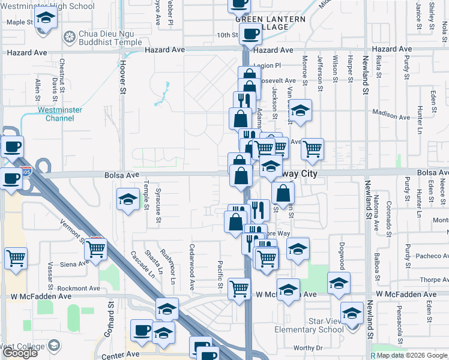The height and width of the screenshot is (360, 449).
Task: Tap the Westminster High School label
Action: [x=47, y=7]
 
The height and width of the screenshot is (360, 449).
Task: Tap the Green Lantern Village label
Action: [x=270, y=23]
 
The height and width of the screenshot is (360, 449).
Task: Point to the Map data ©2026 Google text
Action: [x=412, y=355]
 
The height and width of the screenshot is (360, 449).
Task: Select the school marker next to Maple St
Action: [x=44, y=19]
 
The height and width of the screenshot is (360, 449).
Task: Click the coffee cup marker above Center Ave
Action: [x=142, y=331]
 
